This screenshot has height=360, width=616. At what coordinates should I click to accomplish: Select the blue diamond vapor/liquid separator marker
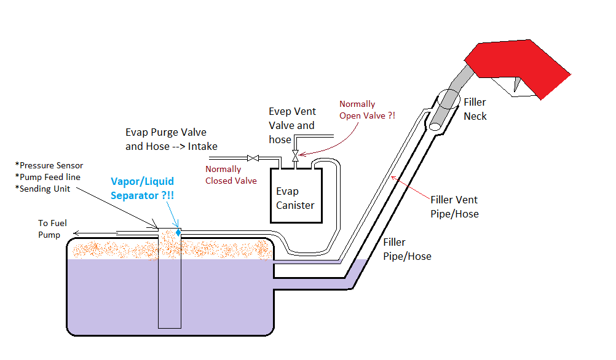(178, 232)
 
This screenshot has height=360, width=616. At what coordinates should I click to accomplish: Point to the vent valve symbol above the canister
(295, 152)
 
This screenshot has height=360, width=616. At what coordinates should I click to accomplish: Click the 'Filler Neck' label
(475, 109)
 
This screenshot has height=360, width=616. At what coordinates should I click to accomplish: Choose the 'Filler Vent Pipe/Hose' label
(454, 206)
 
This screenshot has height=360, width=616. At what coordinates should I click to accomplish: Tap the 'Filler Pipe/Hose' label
(407, 249)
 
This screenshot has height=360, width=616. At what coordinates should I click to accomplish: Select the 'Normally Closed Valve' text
(231, 174)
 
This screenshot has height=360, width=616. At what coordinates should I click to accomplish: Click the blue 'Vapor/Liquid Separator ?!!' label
(142, 188)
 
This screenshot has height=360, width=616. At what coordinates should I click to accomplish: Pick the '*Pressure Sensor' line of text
(50, 165)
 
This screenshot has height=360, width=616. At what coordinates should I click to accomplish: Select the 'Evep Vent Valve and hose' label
(292, 125)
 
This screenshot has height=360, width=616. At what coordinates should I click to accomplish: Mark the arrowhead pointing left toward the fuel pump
(74, 233)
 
